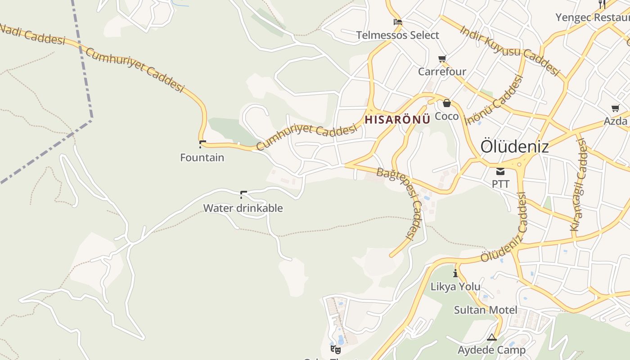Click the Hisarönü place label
[397, 120]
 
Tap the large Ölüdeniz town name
[514, 146]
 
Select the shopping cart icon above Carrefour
[442, 59]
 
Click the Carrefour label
[442, 72]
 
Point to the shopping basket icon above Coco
[446, 103]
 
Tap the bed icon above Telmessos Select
[397, 22]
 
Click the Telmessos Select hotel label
[397, 35]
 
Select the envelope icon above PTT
[500, 171]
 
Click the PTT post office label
[500, 184]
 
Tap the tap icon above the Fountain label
[202, 144]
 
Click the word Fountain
[202, 157]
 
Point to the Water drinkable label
[243, 208]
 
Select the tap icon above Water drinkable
[243, 195]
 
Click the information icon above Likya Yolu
[455, 273]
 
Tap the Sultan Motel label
[486, 310]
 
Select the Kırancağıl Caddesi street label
[579, 184]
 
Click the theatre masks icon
[335, 349]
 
